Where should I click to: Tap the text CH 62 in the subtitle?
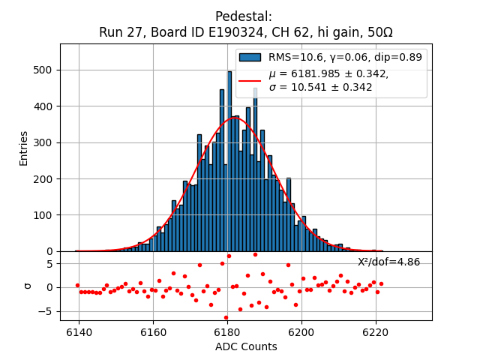click(296, 33)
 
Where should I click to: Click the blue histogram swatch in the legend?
click(250, 58)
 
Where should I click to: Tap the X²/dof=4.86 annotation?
click(388, 262)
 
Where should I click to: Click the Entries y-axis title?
click(24, 148)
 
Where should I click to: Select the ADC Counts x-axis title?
click(246, 346)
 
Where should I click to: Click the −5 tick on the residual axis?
click(47, 311)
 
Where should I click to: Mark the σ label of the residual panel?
click(28, 286)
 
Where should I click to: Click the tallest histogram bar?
click(229, 161)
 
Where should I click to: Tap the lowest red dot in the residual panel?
click(226, 317)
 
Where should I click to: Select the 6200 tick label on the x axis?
click(301, 332)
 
